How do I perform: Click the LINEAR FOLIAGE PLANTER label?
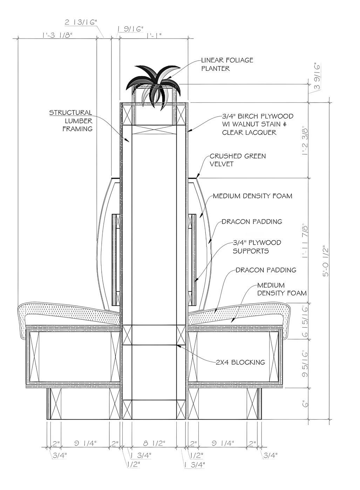[226, 64]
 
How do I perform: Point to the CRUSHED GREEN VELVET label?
[237, 160]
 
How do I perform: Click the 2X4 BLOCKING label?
[240, 362]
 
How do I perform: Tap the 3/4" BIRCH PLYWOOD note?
[258, 124]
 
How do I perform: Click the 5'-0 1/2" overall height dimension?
[326, 261]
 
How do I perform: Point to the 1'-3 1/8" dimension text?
[57, 35]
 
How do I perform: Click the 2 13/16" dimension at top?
[81, 22]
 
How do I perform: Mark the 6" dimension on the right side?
[305, 404]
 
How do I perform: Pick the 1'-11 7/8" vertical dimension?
[305, 241]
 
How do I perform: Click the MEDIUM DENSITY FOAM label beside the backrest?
[252, 196]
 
